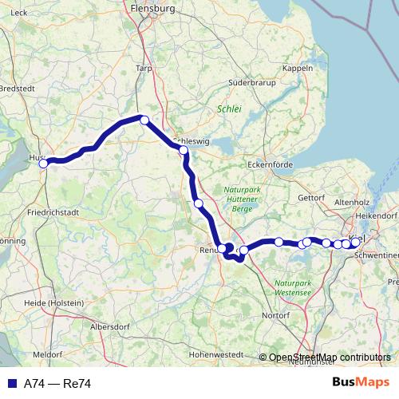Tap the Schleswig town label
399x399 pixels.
191,137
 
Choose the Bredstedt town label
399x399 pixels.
16,89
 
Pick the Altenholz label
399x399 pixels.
352,203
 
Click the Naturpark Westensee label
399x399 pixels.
295,287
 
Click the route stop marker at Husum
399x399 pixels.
45,163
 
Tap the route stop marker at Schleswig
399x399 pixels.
184,150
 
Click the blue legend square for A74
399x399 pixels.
9,384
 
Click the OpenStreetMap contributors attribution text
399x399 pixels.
329,357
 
